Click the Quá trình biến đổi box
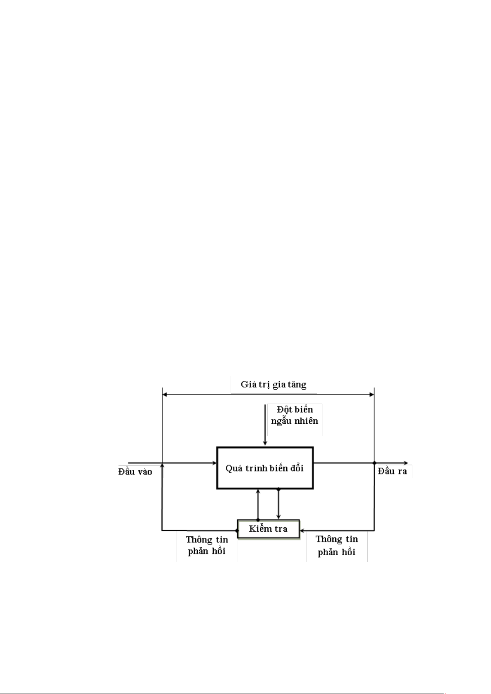point(265,468)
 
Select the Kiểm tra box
point(268,528)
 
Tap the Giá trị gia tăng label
point(274,385)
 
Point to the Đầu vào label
point(135,472)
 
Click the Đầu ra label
point(392,471)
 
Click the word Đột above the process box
point(284,409)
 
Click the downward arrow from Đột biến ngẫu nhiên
point(265,425)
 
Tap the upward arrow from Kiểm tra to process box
point(258,505)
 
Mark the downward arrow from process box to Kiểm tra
point(278,504)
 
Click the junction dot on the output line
point(374,463)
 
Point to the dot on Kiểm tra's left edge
point(237,531)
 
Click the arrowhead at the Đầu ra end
point(406,463)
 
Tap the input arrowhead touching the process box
point(214,463)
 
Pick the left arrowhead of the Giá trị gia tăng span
point(165,395)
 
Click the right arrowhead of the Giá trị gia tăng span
point(372,395)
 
